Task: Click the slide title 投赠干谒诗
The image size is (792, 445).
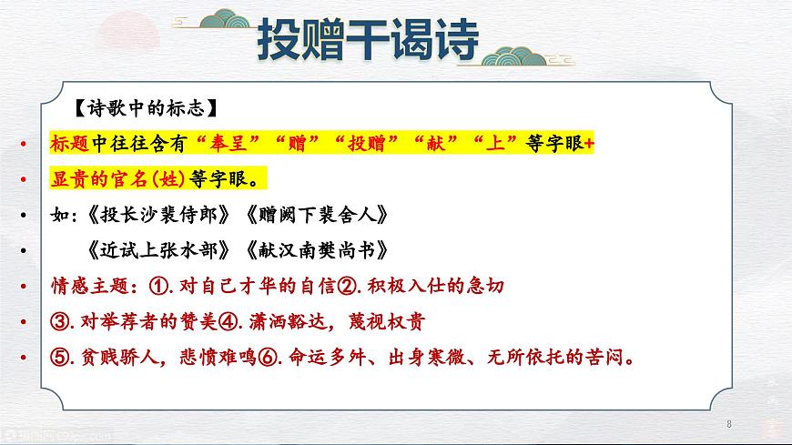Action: (x=368, y=39)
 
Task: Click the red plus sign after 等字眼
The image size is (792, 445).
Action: (x=589, y=144)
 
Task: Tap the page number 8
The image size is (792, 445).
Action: (x=729, y=424)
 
